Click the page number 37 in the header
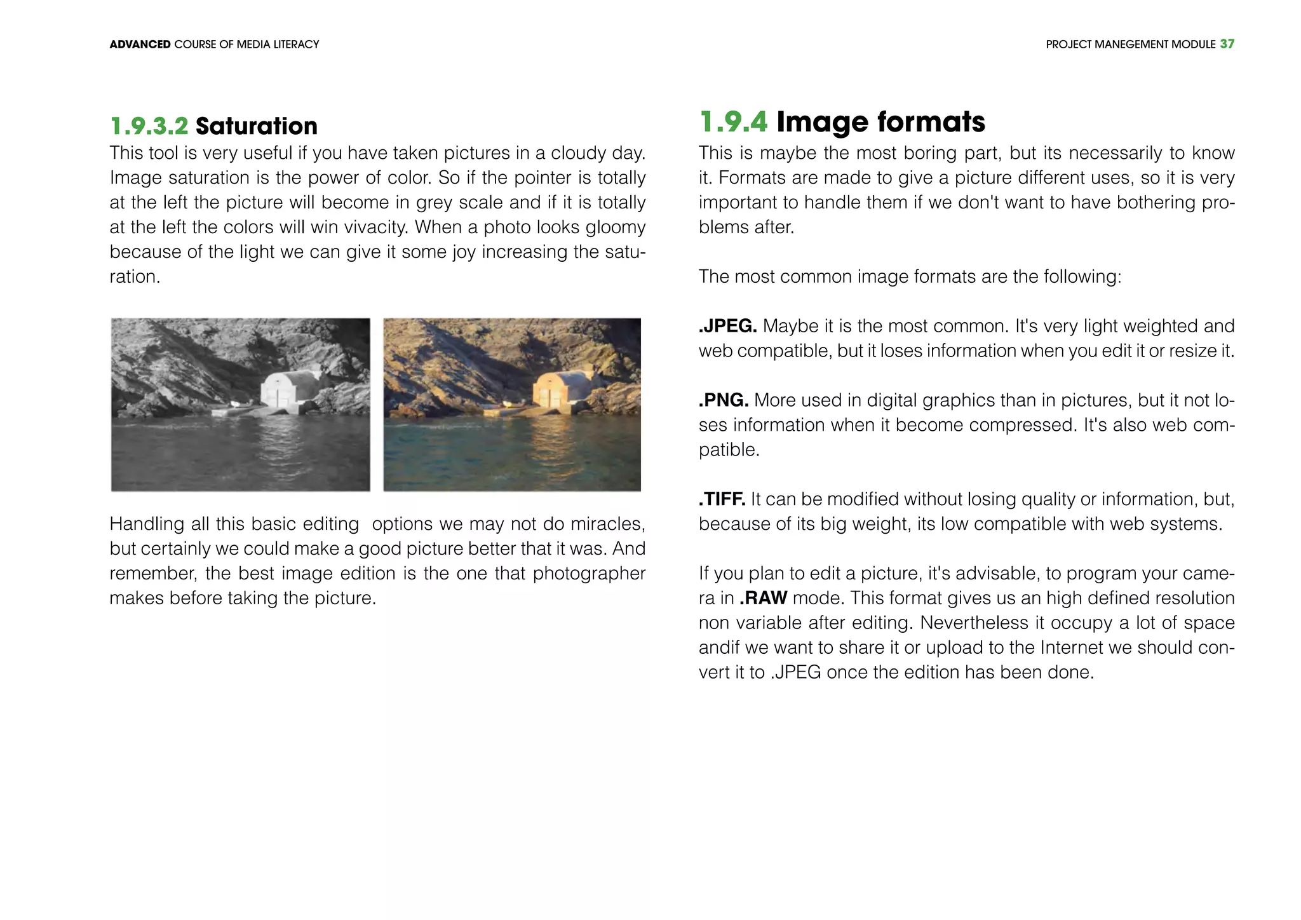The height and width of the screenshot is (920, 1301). pos(1227,44)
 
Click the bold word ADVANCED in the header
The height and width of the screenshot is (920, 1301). pos(140,44)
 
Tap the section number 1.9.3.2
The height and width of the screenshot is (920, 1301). pos(149,126)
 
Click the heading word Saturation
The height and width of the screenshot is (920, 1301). pos(256,126)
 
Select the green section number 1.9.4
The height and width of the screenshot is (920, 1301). pos(733,122)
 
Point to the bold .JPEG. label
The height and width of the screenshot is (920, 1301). pos(727,327)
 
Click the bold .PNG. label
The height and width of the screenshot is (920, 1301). pos(724,400)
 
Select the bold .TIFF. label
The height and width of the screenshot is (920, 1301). pos(722,499)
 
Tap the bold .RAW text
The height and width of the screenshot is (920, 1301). pos(763,599)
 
